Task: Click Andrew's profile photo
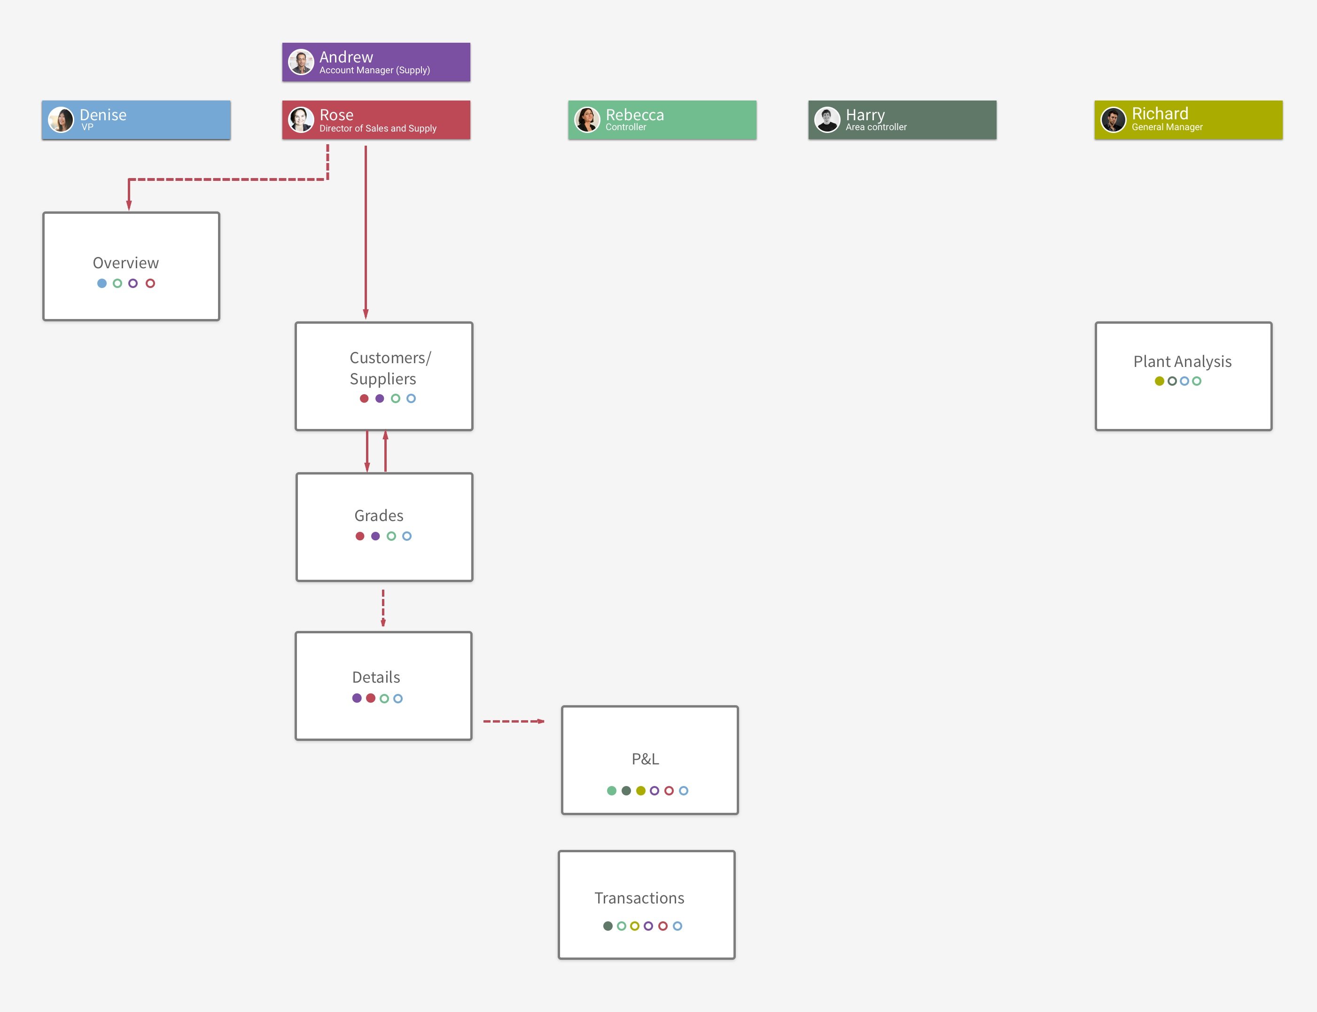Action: coord(301,62)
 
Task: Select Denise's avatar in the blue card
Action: coord(61,120)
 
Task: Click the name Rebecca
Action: coord(634,115)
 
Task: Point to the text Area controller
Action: coord(876,127)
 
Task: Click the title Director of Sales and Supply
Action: coord(378,128)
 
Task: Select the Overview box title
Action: coord(126,263)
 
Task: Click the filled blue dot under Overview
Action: coord(102,283)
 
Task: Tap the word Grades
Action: coord(379,516)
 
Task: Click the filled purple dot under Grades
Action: coord(375,536)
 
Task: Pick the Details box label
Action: coord(376,677)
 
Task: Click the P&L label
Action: coord(645,759)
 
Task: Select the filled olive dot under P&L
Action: coord(640,791)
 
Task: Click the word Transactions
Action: coord(639,898)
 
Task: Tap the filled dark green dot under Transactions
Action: coord(608,926)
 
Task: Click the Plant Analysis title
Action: coord(1182,361)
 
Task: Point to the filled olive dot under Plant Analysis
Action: coord(1159,381)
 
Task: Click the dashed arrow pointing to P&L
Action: coord(514,721)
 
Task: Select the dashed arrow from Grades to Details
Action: coord(383,608)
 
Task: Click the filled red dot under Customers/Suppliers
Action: coord(364,398)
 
